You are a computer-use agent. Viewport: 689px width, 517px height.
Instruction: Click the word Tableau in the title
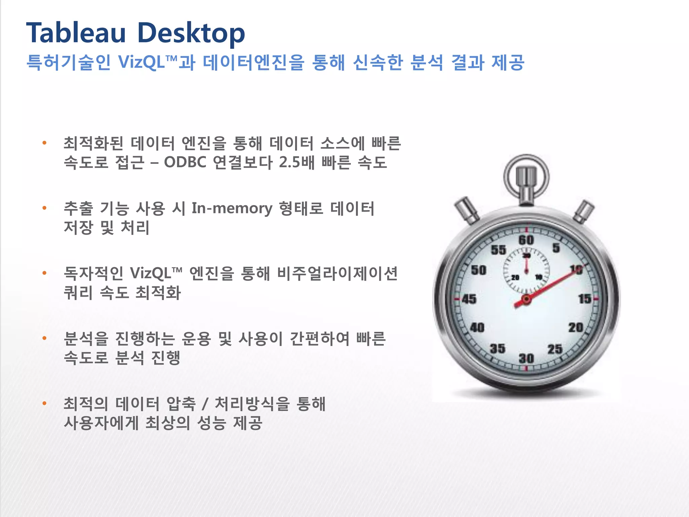pyautogui.click(x=76, y=33)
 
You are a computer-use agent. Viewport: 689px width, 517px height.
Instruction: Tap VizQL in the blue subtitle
pyautogui.click(x=141, y=62)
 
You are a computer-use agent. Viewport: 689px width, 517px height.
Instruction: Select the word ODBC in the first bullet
pyautogui.click(x=185, y=163)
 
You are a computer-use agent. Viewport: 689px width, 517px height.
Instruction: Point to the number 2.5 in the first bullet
pyautogui.click(x=289, y=163)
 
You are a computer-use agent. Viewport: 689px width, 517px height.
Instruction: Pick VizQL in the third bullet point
pyautogui.click(x=151, y=273)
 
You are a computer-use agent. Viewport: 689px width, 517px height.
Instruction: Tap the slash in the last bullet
pyautogui.click(x=204, y=404)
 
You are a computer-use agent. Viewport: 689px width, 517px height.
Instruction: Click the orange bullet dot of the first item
pyautogui.click(x=44, y=143)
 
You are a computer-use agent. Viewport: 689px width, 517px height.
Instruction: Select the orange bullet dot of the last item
pyautogui.click(x=44, y=403)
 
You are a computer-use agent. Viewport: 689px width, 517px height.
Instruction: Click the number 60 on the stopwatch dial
pyautogui.click(x=526, y=240)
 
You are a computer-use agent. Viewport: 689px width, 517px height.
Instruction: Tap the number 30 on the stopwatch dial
pyautogui.click(x=526, y=358)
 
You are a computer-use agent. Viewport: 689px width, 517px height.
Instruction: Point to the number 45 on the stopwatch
pyautogui.click(x=469, y=299)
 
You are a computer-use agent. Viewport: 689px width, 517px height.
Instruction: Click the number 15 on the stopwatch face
pyautogui.click(x=584, y=299)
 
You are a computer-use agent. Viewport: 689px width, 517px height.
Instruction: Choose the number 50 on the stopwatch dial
pyautogui.click(x=478, y=270)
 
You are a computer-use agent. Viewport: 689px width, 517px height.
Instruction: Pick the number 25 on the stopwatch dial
pyautogui.click(x=555, y=349)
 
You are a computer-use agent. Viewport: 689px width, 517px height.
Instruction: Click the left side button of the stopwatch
pyautogui.click(x=467, y=211)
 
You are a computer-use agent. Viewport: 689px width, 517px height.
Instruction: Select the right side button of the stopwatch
pyautogui.click(x=584, y=211)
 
